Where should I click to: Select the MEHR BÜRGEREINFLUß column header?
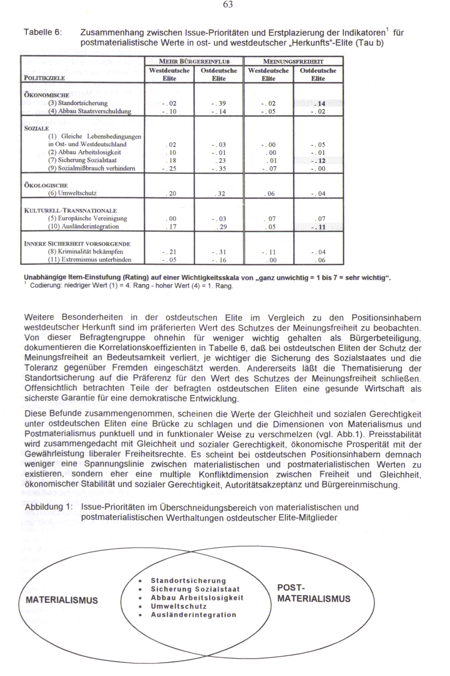click(x=194, y=61)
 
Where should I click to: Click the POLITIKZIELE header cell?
click(x=45, y=78)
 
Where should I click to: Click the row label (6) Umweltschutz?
click(x=72, y=193)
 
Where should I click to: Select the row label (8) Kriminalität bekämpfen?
click(x=85, y=252)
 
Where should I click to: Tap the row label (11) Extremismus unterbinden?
click(x=89, y=260)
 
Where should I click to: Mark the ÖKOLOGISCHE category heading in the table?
click(x=46, y=185)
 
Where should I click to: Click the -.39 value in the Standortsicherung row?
click(x=219, y=103)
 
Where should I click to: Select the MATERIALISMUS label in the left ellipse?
click(x=62, y=600)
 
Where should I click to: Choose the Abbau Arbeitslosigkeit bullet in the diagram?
click(x=197, y=598)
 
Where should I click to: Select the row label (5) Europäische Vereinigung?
click(x=87, y=219)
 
